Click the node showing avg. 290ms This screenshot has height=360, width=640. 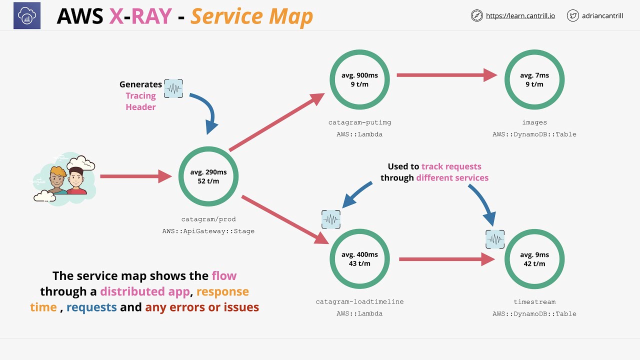tap(208, 176)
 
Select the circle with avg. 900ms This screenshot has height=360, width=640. tap(359, 79)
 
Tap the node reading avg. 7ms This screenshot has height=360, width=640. tap(534, 79)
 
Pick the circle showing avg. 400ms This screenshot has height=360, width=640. tap(359, 259)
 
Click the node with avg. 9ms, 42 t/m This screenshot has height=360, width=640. tap(534, 259)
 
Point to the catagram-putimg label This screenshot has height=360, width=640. tap(359, 122)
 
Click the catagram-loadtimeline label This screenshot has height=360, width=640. tap(359, 301)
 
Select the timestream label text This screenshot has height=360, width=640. tap(534, 301)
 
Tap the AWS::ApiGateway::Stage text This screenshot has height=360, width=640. tap(208, 231)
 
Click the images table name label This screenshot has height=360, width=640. tap(534, 122)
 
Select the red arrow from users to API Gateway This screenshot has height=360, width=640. tap(135, 176)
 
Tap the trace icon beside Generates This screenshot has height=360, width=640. tap(173, 88)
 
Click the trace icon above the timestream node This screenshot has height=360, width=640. tap(495, 239)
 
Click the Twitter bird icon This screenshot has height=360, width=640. tap(573, 16)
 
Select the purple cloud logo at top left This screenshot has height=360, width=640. tap(27, 15)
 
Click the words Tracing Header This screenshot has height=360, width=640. tap(140, 101)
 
